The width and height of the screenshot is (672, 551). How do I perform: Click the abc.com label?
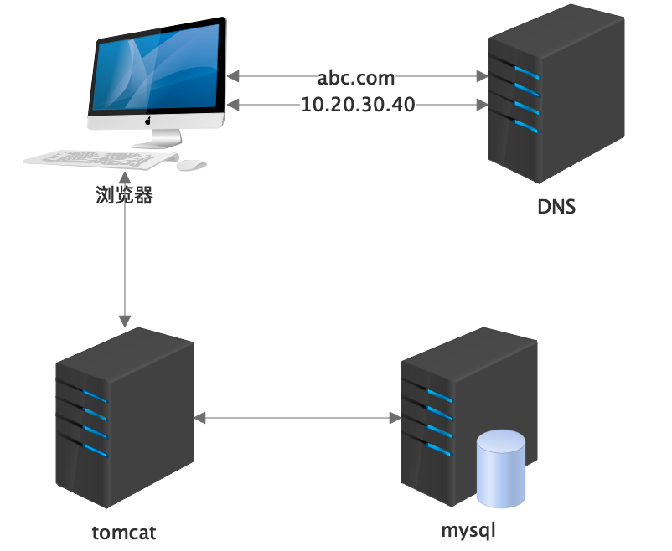click(356, 78)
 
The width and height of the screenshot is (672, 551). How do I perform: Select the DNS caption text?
click(556, 206)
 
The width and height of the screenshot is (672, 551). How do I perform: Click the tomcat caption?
click(124, 533)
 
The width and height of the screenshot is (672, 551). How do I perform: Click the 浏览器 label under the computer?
click(124, 196)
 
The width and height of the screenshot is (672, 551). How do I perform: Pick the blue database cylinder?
click(500, 469)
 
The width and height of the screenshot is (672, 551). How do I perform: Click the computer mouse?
click(191, 165)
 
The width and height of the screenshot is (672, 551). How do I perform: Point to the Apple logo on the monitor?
click(148, 121)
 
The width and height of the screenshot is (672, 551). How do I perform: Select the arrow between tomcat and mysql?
click(296, 416)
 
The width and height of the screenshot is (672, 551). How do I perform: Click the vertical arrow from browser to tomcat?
click(124, 251)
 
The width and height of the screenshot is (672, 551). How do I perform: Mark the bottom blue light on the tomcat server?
click(94, 449)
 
